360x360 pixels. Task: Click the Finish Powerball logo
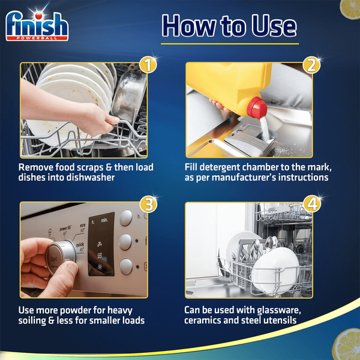37,26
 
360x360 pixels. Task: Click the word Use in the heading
274,26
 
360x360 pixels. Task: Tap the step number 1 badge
148,65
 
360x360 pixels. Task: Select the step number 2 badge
311,65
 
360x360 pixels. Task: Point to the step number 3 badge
148,204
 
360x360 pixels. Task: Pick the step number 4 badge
312,204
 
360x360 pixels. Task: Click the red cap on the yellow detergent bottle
257,108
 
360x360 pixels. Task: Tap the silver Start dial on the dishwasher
61,257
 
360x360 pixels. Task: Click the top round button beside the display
126,218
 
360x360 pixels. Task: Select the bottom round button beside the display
126,266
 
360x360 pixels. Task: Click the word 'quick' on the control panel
80,245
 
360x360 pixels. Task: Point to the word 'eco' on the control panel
82,226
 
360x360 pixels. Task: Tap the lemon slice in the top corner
350,9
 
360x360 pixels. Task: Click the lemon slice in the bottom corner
347,344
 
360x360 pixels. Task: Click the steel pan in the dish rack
128,96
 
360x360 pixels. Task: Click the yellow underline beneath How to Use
230,44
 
